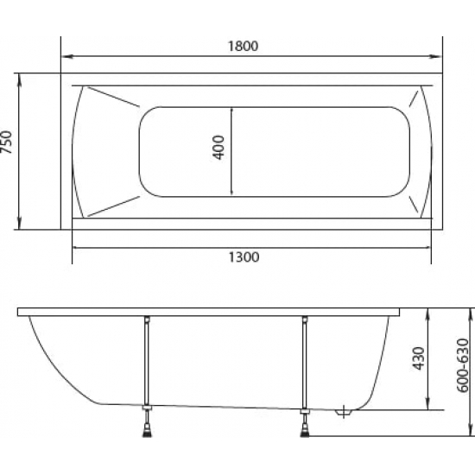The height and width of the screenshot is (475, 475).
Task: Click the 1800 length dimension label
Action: point(243,46)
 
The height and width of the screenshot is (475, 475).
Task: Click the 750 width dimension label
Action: point(7,142)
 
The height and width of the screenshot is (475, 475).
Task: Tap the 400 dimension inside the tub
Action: point(218,147)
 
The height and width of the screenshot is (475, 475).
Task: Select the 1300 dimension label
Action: point(244,257)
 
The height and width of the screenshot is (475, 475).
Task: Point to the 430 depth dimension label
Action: point(419,358)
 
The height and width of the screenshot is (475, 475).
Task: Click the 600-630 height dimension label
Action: point(463,365)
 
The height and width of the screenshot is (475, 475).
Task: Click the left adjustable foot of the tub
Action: point(147,430)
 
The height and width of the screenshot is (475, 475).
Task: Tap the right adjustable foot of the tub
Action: point(305,430)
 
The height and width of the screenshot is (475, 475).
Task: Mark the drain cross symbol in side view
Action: point(344,413)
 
